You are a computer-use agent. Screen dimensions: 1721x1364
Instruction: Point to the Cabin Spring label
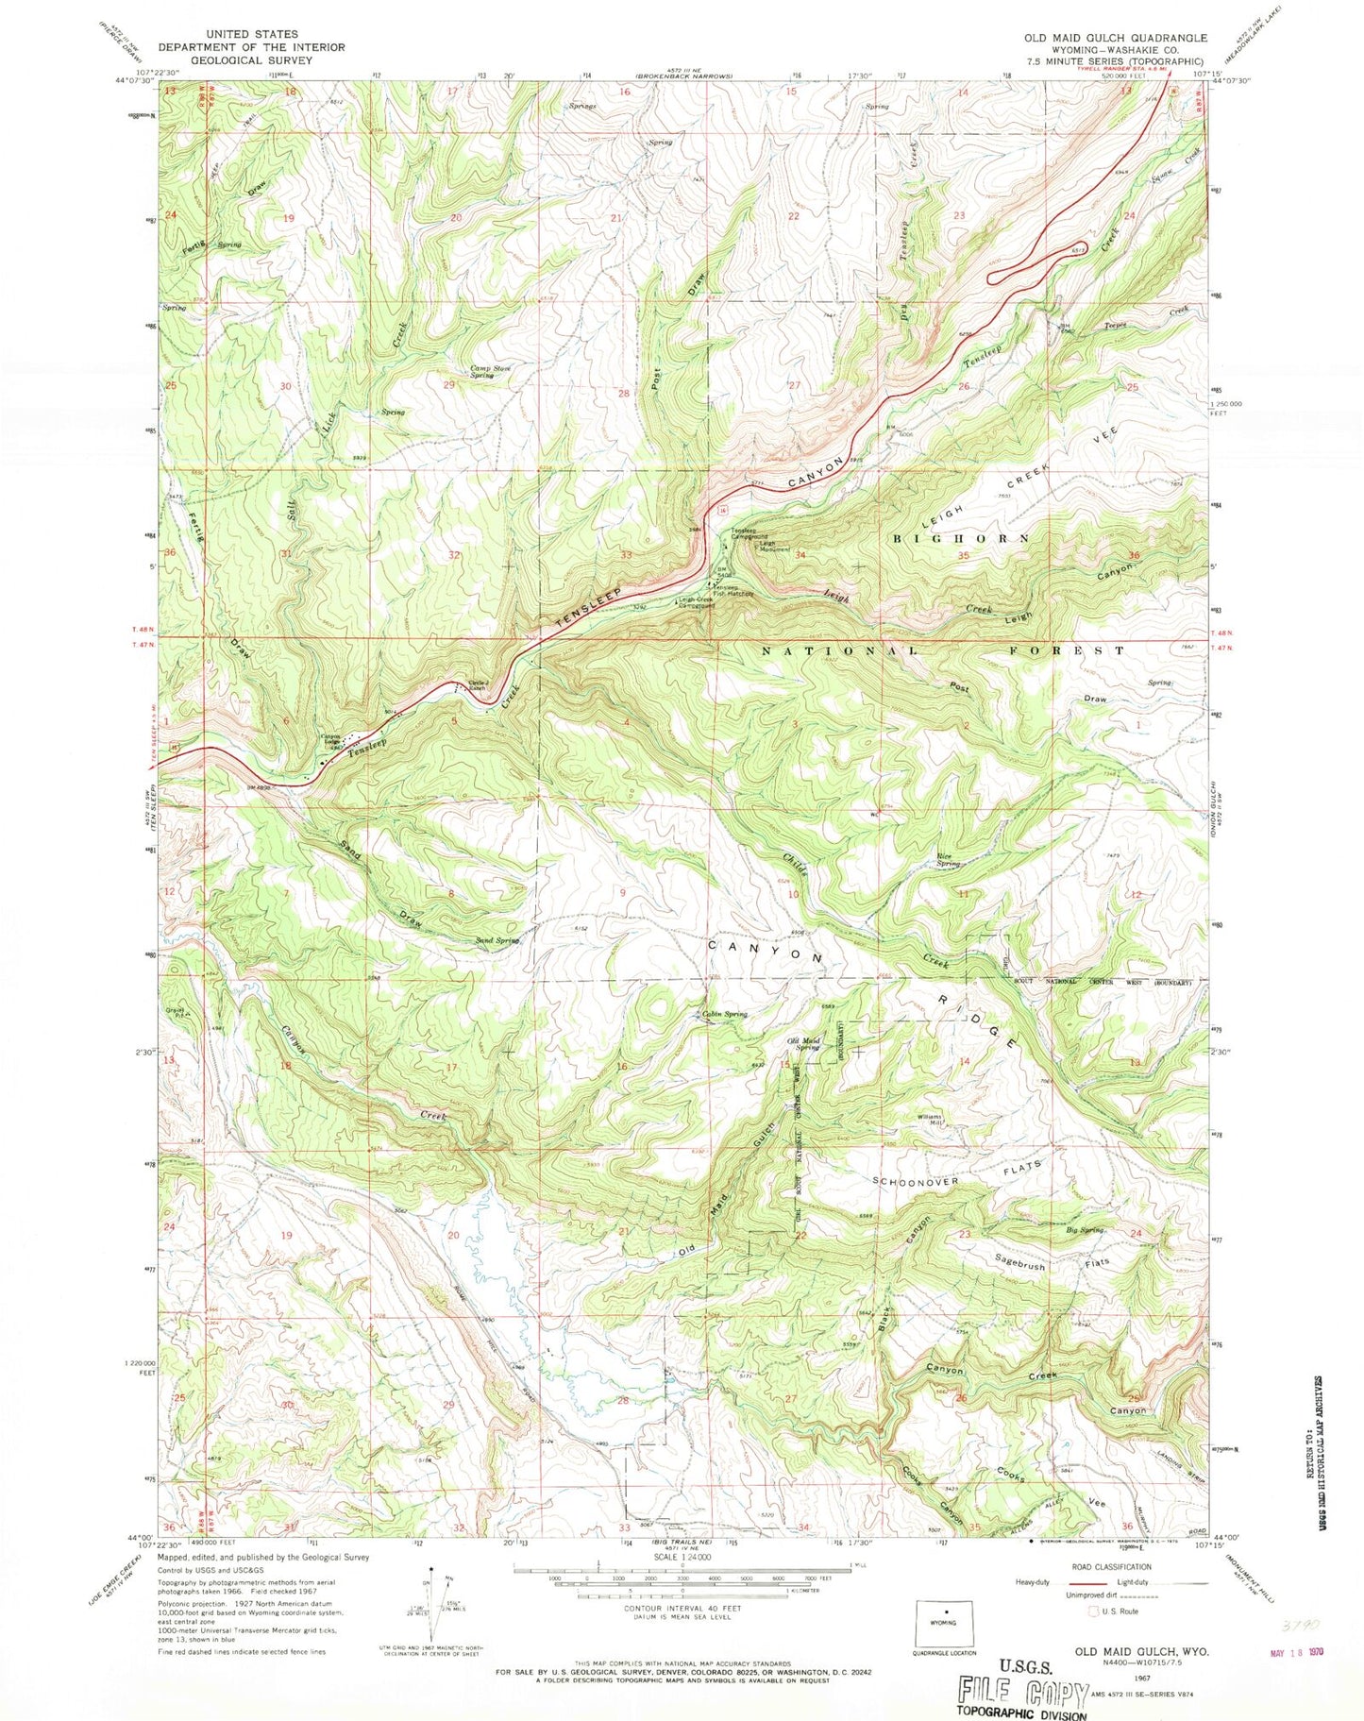725,1014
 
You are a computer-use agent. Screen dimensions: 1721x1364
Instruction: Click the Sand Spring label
497,940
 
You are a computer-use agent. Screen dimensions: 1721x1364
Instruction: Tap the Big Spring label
1084,1230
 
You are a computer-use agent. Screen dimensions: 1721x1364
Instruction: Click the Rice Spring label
948,860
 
